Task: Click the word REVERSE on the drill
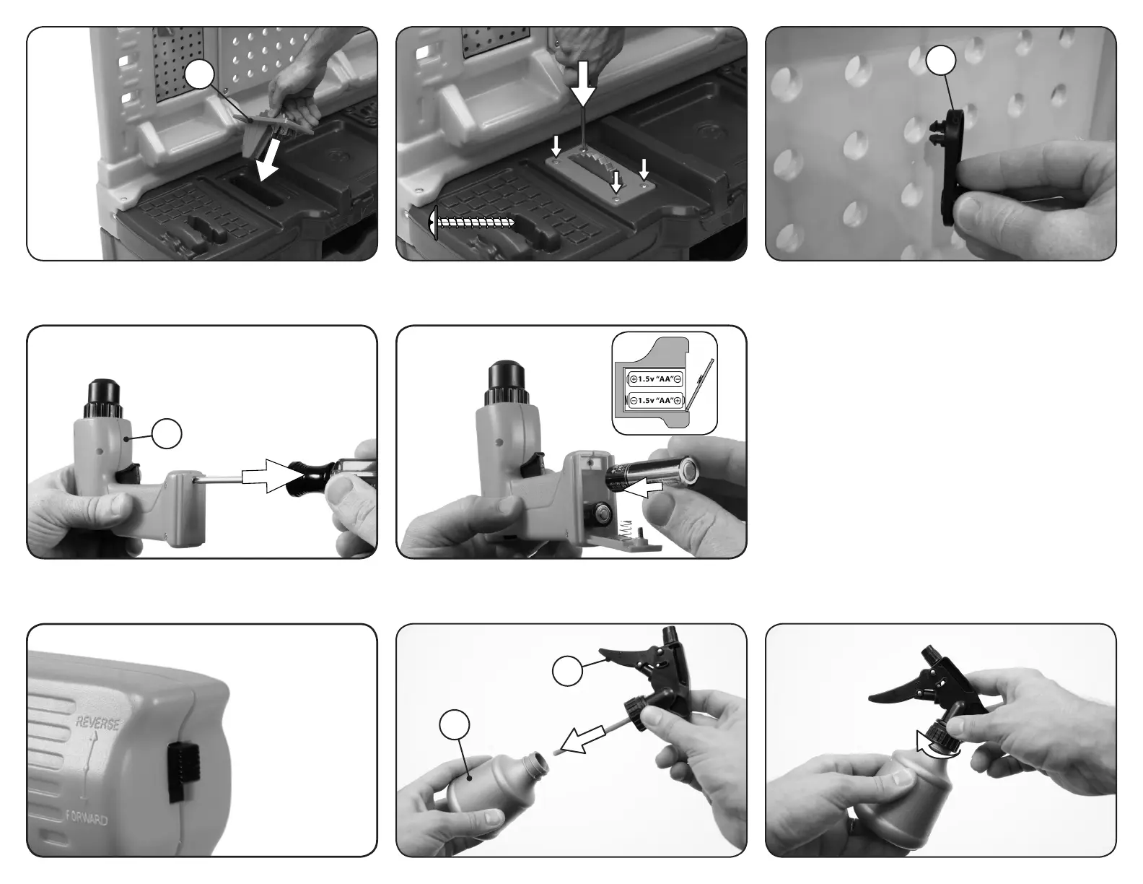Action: click(x=97, y=724)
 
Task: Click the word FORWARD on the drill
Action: click(x=87, y=819)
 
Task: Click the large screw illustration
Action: click(x=472, y=222)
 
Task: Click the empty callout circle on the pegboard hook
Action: click(x=940, y=61)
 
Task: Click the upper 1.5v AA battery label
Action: click(x=655, y=378)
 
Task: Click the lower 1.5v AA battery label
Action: click(x=655, y=401)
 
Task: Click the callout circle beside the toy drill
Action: click(x=167, y=434)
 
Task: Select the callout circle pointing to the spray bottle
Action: click(x=455, y=725)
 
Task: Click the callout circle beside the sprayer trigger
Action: click(x=568, y=671)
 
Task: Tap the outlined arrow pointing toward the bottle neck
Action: click(x=583, y=739)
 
